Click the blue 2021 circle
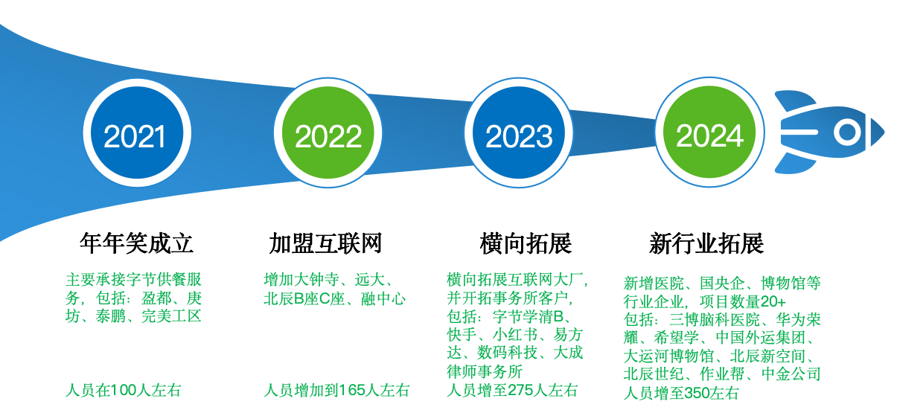[137, 132]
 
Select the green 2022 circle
[328, 132]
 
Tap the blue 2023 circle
[519, 132]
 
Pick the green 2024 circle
[709, 132]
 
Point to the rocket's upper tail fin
[795, 100]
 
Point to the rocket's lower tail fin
[795, 163]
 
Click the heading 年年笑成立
[136, 243]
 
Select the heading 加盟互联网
[325, 243]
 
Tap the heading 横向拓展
[526, 243]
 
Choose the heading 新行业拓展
[706, 243]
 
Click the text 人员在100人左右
[124, 390]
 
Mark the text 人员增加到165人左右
[336, 390]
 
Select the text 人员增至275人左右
[512, 390]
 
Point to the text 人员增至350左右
[681, 393]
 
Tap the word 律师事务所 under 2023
[485, 372]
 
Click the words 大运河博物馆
[668, 356]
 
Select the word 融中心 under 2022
[383, 299]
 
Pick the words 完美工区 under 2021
[171, 316]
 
